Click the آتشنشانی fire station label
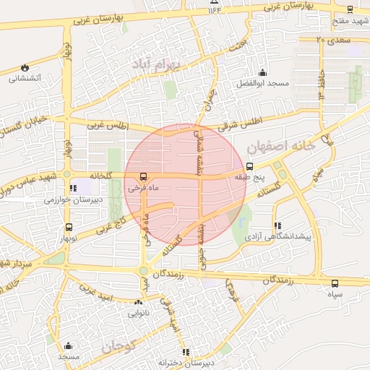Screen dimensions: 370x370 pos(25,78)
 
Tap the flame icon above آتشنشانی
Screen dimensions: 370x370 pos(26,66)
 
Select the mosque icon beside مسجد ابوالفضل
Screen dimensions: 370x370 pos(262,72)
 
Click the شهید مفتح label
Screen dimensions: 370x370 pos(350,21)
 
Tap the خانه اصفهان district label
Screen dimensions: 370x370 pos(282,147)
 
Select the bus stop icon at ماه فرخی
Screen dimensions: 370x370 pos(142,176)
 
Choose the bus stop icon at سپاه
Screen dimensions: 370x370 pos(334,284)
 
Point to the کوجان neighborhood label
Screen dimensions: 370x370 pos(120,346)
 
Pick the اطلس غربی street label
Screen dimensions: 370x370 pos(107,126)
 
